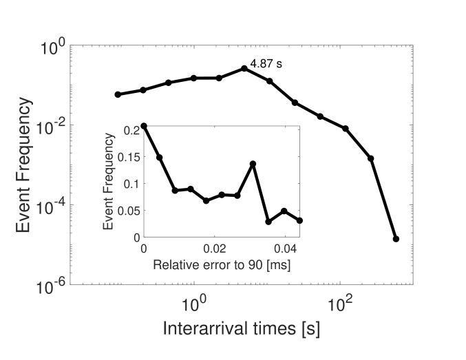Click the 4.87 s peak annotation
(266, 64)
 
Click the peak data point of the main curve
(244, 68)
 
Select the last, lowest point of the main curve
(396, 239)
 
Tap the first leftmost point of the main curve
(118, 94)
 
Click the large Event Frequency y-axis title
(22, 165)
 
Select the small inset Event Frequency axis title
(108, 182)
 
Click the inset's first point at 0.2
(143, 127)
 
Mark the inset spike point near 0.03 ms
(253, 164)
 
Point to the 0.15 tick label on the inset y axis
(128, 157)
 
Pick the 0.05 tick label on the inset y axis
(128, 210)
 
